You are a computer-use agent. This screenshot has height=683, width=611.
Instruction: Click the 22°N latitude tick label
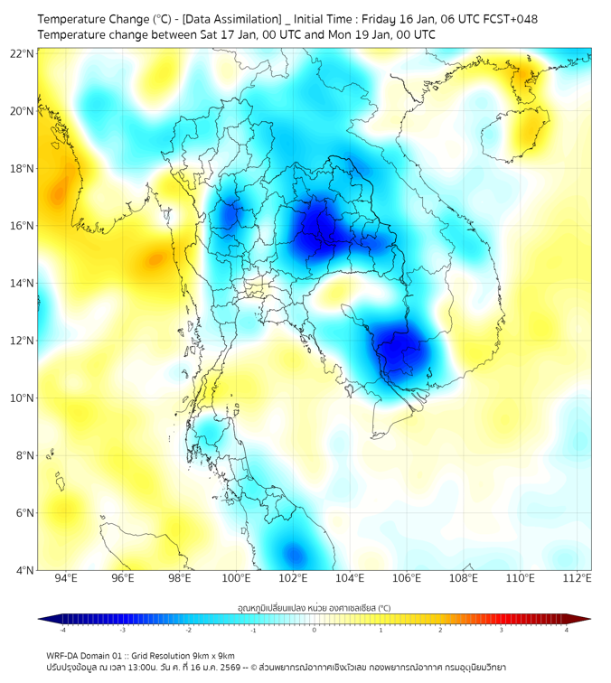23,54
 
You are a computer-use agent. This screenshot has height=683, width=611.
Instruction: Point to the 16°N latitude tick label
23,226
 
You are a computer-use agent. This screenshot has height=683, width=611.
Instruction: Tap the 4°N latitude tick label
25,570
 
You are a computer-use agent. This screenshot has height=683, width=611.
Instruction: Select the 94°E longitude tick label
66,579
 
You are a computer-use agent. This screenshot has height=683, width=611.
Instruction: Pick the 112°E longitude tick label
578,579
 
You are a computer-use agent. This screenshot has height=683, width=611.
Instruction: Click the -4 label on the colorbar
62,630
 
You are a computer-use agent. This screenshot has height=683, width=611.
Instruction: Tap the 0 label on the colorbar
315,630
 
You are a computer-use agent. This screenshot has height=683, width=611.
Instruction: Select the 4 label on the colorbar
566,630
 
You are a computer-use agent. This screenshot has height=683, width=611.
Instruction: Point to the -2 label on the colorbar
188,630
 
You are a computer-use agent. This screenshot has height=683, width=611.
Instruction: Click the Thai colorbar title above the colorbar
314,608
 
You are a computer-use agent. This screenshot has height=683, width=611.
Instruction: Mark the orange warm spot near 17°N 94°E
60,192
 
